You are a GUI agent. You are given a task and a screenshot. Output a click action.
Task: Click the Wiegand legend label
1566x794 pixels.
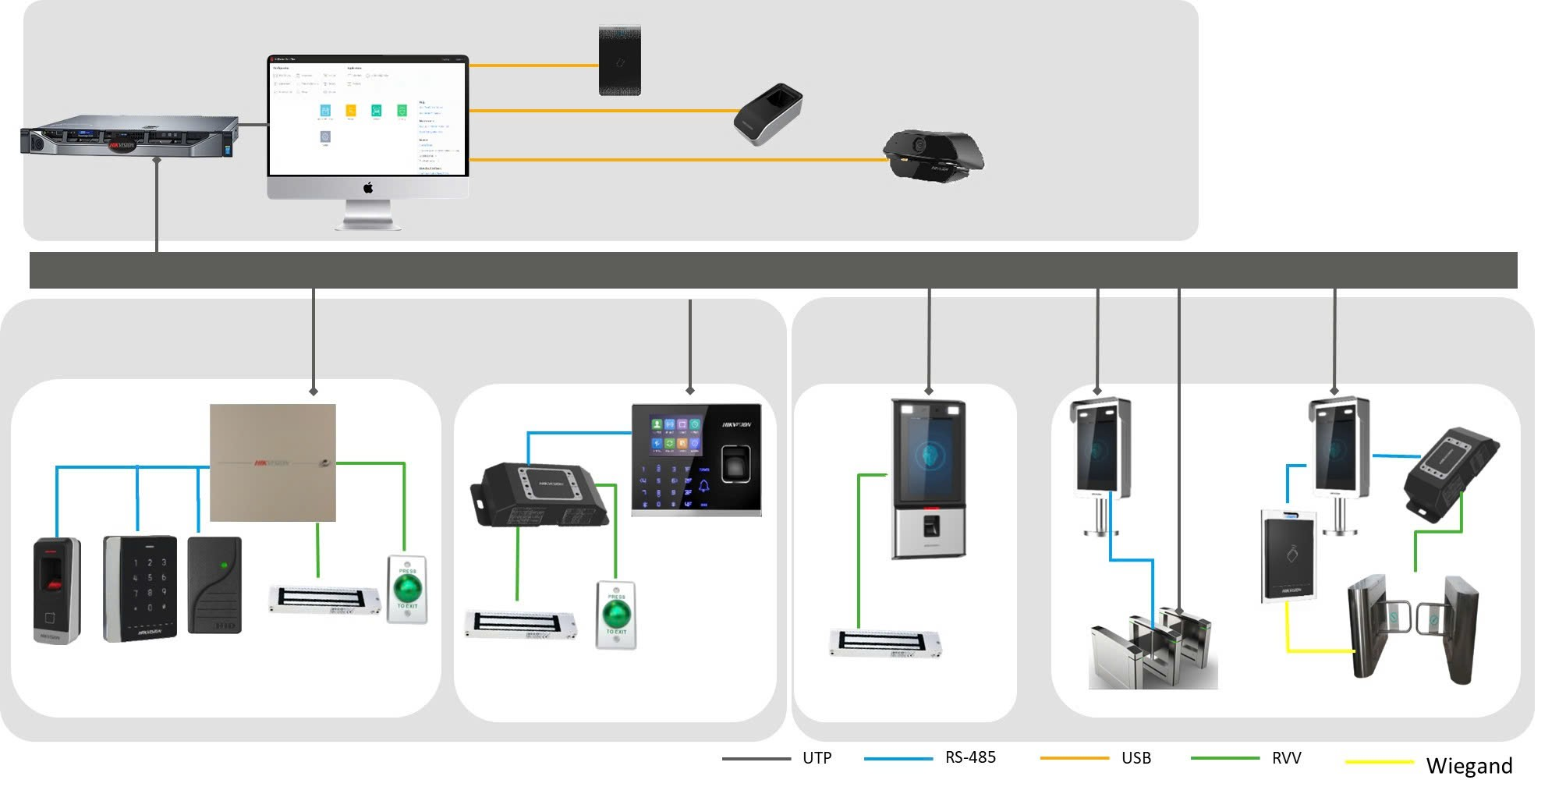point(1469,766)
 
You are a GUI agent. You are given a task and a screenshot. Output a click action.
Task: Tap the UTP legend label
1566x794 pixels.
point(817,758)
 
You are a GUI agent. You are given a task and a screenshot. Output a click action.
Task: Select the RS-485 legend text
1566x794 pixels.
point(970,757)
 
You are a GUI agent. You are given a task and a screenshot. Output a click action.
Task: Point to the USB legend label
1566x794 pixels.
point(1136,758)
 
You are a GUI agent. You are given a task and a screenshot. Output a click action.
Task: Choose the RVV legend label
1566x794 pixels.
point(1286,758)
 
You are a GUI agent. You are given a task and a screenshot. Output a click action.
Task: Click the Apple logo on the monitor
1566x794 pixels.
point(368,187)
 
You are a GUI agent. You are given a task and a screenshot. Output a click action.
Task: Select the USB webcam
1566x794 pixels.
point(933,155)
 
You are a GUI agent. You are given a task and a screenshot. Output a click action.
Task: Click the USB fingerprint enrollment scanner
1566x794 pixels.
point(767,114)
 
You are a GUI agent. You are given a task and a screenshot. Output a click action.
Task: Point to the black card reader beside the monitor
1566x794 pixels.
point(620,61)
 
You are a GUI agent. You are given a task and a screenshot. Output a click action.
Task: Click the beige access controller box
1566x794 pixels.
point(273,463)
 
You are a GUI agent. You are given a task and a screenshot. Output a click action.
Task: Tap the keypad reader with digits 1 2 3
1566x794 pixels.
point(140,588)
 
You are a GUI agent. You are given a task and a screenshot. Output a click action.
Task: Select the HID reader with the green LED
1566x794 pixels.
point(214,584)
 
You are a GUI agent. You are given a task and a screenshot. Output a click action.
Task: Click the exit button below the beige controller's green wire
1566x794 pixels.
point(407,589)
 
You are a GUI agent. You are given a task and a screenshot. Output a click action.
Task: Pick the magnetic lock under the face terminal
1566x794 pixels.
point(884,643)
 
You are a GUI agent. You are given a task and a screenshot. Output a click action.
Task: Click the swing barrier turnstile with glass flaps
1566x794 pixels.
point(1412,629)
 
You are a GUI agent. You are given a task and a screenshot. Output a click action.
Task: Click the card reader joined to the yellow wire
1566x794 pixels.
point(1288,556)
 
